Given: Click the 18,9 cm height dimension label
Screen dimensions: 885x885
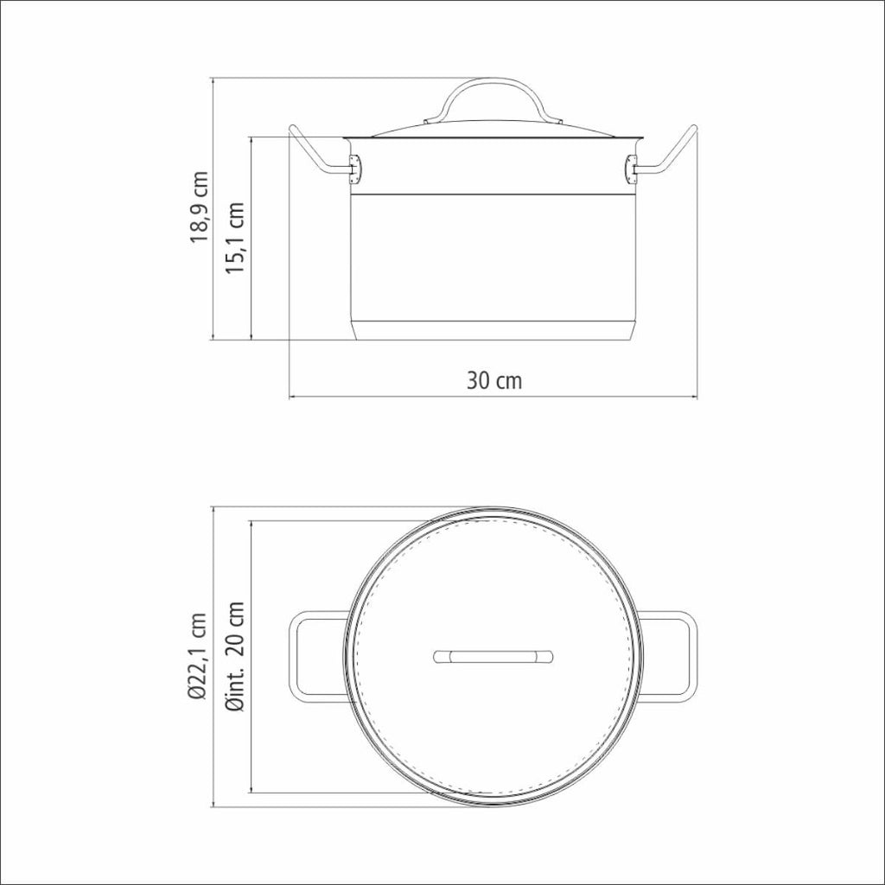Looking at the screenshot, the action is pos(200,207).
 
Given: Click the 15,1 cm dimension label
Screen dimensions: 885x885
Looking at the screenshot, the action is pos(235,238).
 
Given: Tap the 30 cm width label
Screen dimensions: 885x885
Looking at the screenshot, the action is pos(494,381).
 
